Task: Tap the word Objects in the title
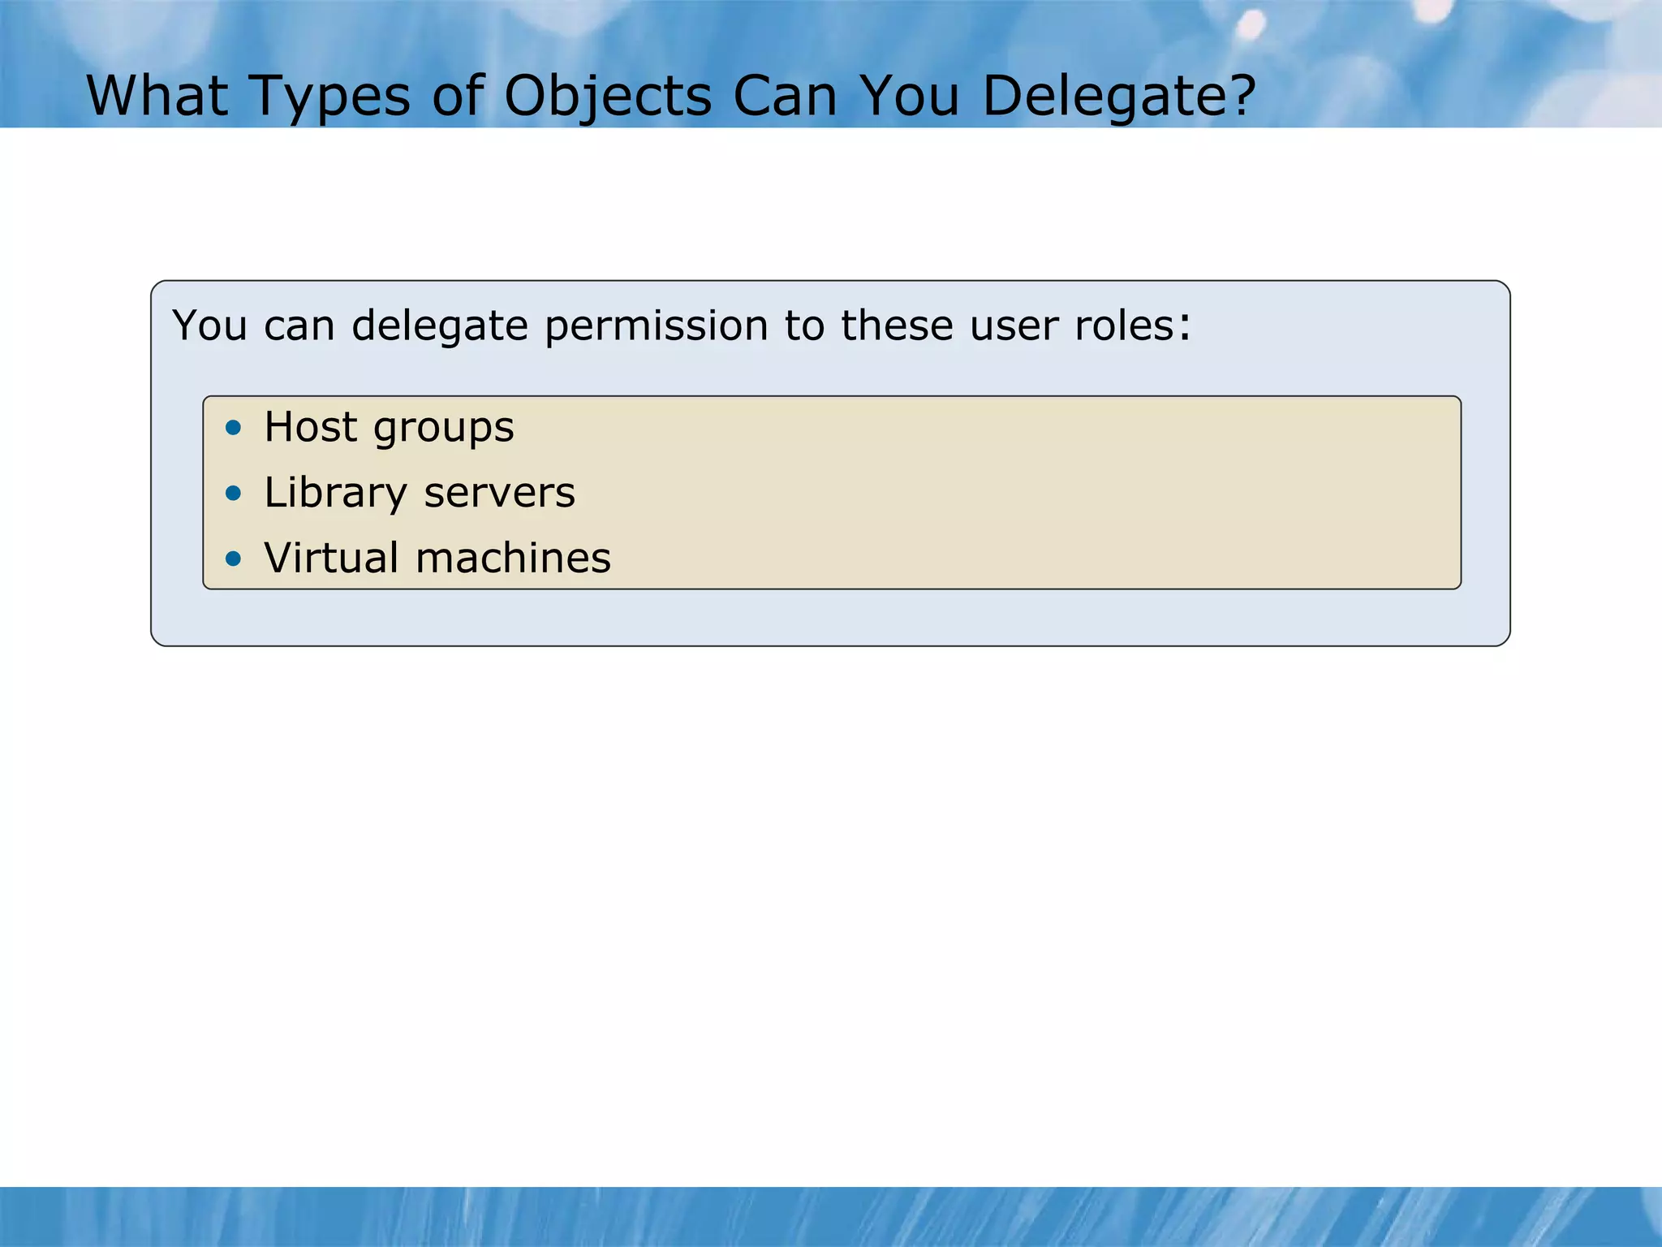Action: (607, 97)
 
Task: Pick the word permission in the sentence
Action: (656, 326)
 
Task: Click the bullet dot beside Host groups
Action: (234, 427)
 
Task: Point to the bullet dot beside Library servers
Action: (234, 493)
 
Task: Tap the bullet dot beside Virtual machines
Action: (234, 558)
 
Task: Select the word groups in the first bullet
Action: (443, 429)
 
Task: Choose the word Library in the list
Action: (335, 493)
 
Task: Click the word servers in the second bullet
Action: (499, 493)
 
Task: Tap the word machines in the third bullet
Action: (513, 558)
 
